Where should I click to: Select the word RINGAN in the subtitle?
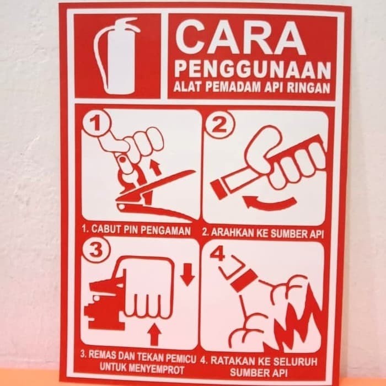[308, 88]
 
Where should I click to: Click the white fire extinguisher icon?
[116, 56]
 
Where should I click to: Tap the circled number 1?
[96, 122]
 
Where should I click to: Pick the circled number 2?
[219, 124]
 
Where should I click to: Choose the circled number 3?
[95, 250]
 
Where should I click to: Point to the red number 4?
[217, 254]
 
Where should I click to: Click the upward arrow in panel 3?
[154, 334]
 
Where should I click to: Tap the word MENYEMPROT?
[156, 369]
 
